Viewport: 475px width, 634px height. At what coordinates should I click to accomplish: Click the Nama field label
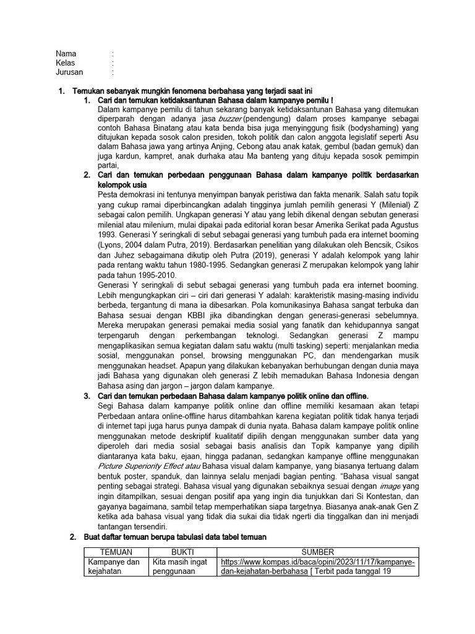click(66, 53)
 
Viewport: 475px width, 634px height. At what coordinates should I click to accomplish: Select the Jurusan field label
click(69, 72)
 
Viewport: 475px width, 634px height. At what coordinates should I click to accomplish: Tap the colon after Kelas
click(113, 63)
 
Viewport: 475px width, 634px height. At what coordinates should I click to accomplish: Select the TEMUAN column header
click(116, 552)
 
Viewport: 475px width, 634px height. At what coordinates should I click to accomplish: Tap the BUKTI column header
click(182, 552)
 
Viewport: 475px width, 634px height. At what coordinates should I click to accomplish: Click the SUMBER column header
click(317, 552)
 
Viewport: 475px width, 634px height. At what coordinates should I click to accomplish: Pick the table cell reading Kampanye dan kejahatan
click(115, 567)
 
